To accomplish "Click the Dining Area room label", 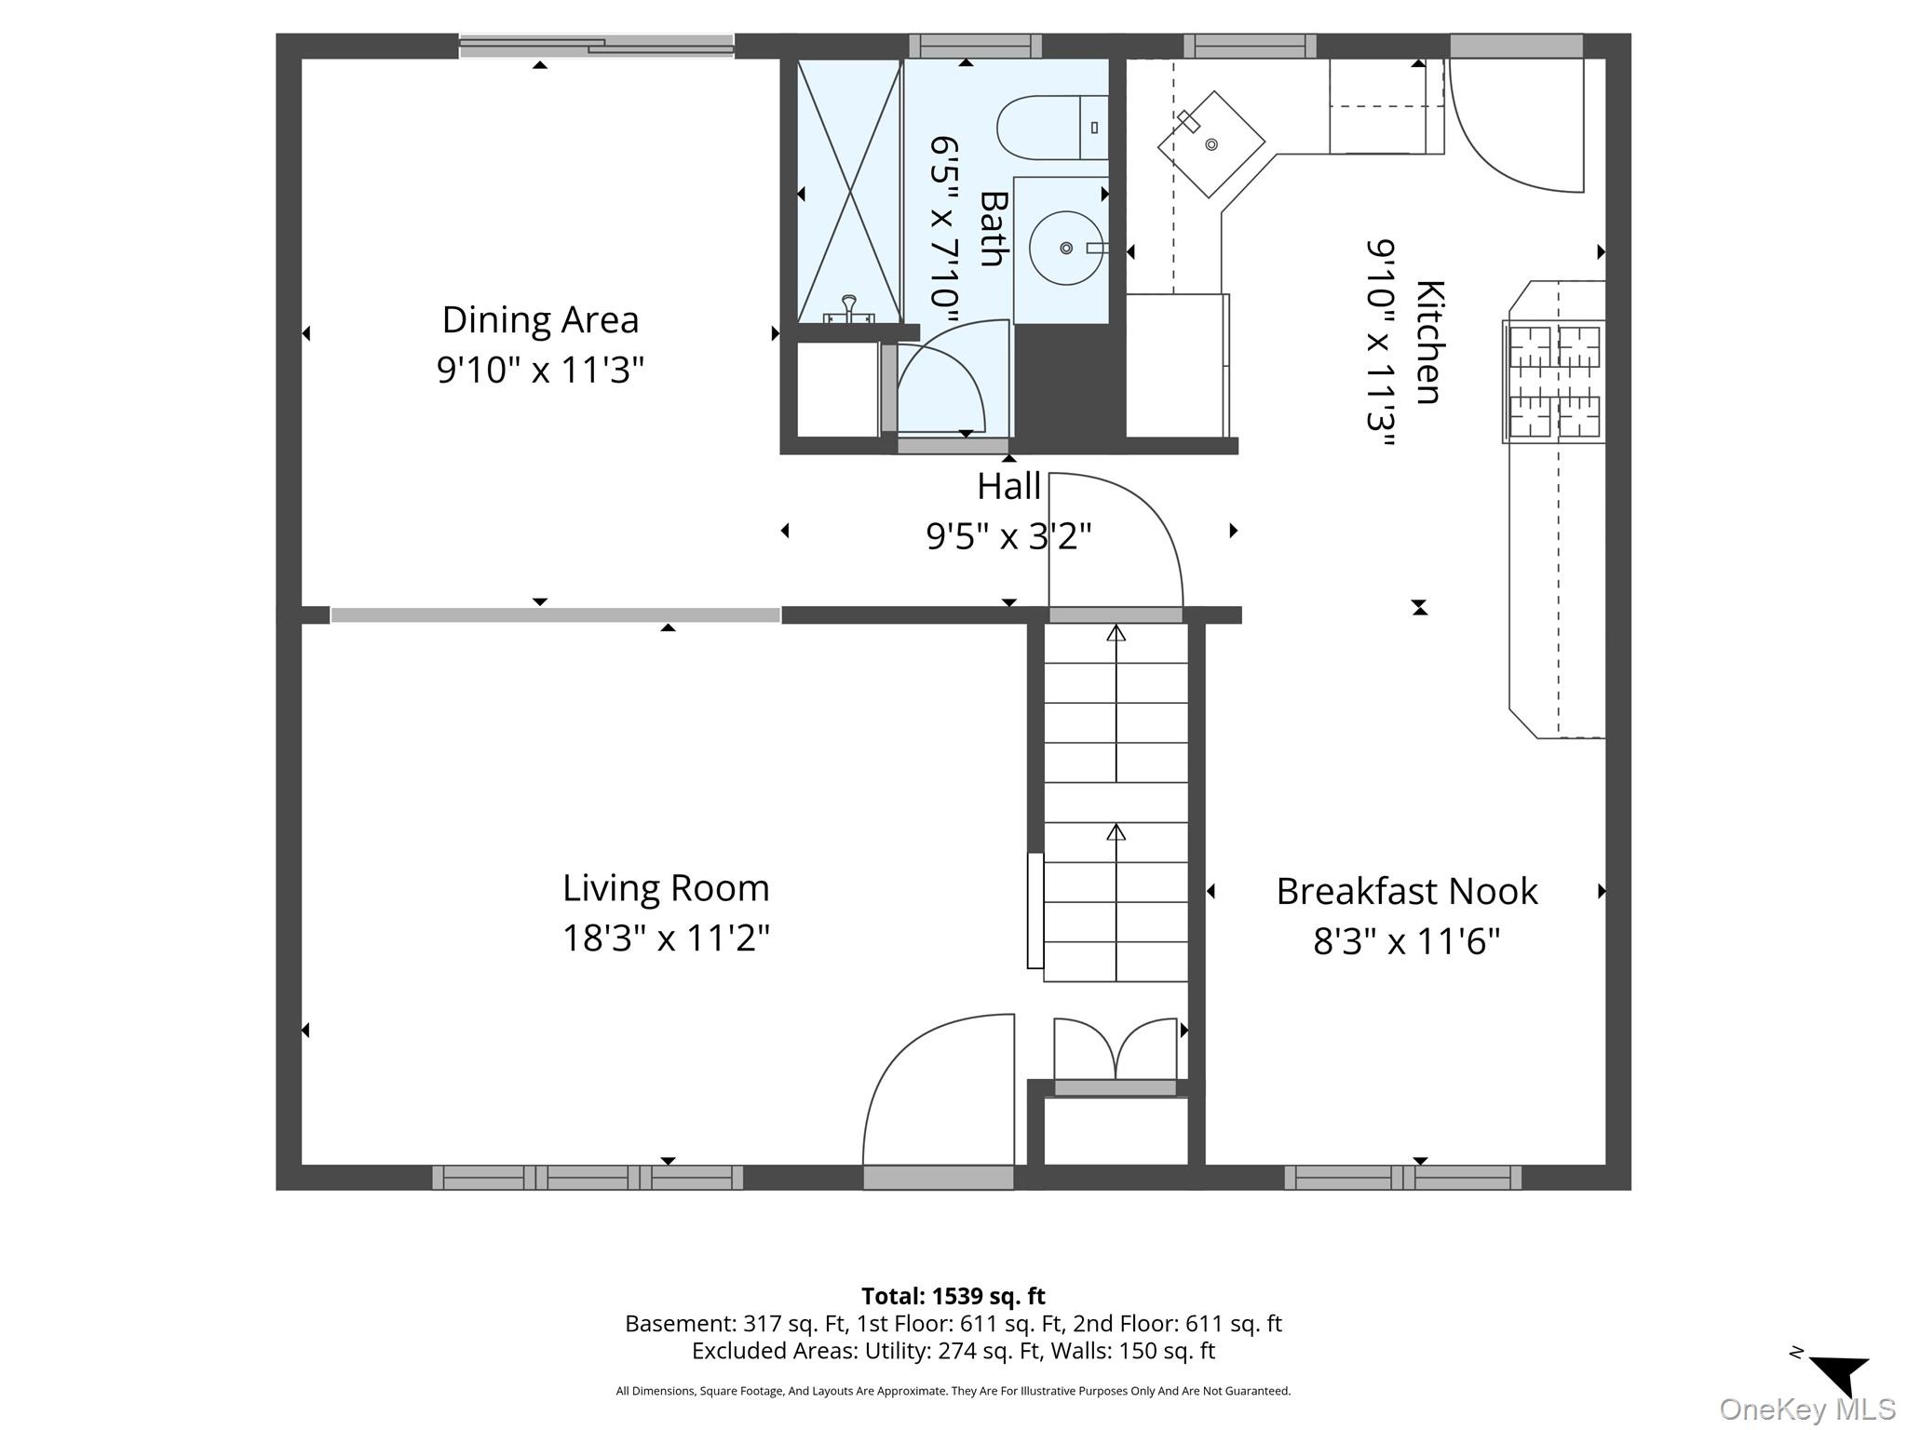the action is pyautogui.click(x=540, y=320).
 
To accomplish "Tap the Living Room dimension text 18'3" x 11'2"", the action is pyautogui.click(x=666, y=938).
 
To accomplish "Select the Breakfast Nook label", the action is pyautogui.click(x=1406, y=891).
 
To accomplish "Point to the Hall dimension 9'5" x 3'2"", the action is pyautogui.click(x=1008, y=535).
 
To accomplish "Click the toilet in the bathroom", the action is pyautogui.click(x=1052, y=128).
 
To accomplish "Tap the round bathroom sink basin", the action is pyautogui.click(x=1066, y=248).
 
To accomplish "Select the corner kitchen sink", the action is pyautogui.click(x=1210, y=144).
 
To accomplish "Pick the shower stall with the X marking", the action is pyautogui.click(x=849, y=191).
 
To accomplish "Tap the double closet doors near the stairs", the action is pyautogui.click(x=1115, y=1049).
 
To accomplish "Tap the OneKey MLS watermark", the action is pyautogui.click(x=1807, y=1410).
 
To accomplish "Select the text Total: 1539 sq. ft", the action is pyautogui.click(x=953, y=1296).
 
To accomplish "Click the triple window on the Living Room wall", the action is pyautogui.click(x=588, y=1178).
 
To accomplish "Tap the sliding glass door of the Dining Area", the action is pyautogui.click(x=597, y=46).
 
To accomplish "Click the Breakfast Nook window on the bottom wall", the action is pyautogui.click(x=1403, y=1178).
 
